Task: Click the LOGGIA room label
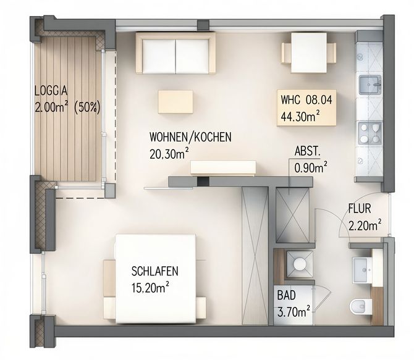point(51,91)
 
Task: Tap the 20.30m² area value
point(169,154)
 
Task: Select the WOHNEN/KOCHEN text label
point(190,137)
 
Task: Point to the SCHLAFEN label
point(154,271)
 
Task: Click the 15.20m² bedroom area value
point(151,287)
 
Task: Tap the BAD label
point(286,295)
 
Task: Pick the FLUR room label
point(360,209)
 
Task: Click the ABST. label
point(307,152)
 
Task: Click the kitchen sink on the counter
point(370,84)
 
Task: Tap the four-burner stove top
point(370,133)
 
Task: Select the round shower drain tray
point(300,264)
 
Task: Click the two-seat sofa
point(175,52)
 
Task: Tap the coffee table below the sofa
point(175,102)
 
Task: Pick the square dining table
point(309,52)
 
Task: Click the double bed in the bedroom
point(156,278)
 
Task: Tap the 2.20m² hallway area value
point(365,225)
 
